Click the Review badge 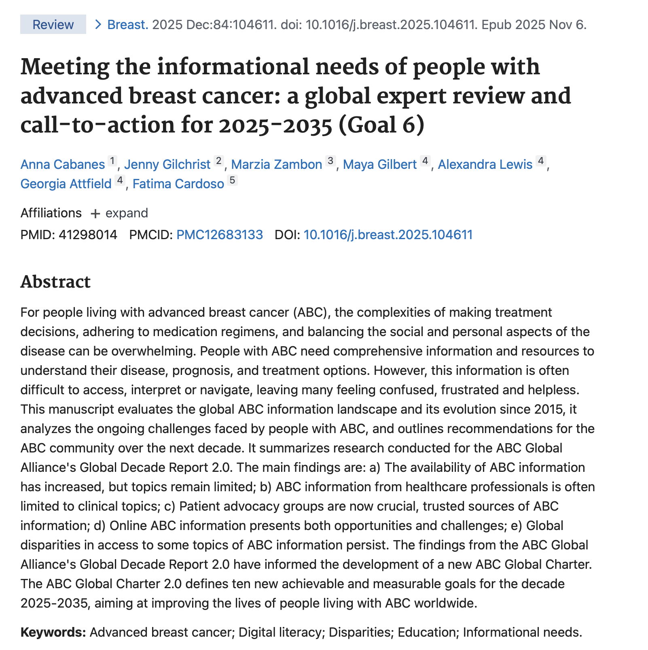point(53,25)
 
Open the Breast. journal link point(128,25)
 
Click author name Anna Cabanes point(63,164)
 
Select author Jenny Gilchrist point(167,164)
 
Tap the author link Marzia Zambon point(276,164)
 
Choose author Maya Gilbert point(379,164)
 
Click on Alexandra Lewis point(485,164)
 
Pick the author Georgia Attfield point(66,184)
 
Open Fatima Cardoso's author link point(178,184)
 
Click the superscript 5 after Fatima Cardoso point(232,180)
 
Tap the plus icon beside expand point(95,214)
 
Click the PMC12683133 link point(220,235)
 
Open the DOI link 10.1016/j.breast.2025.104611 point(388,235)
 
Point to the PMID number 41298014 point(88,235)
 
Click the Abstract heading point(55,282)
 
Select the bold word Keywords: point(53,632)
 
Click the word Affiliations point(51,213)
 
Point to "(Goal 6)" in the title point(381,125)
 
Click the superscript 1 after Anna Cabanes point(112,161)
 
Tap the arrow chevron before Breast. point(97,25)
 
